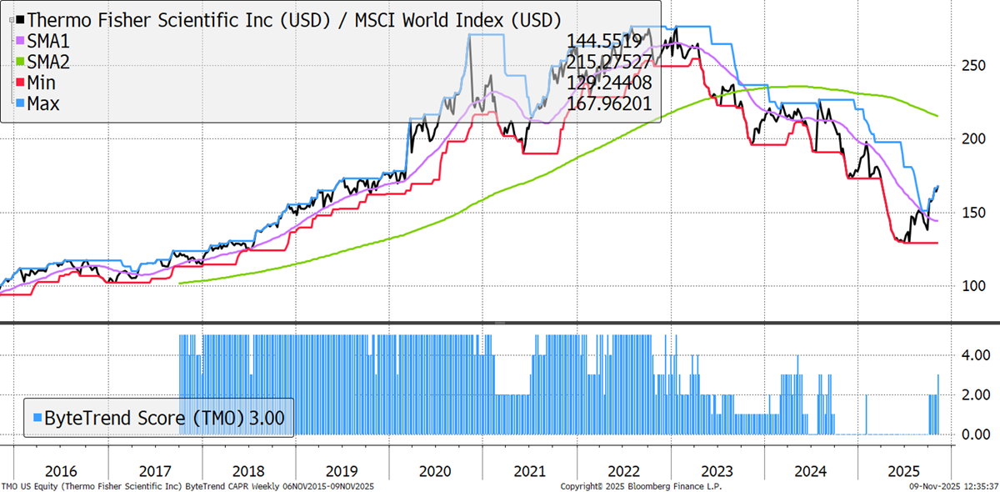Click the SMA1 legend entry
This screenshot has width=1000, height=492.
(x=50, y=40)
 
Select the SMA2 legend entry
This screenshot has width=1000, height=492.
(x=50, y=62)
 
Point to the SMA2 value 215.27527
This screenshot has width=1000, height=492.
(x=608, y=62)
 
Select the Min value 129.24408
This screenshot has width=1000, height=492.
(x=608, y=83)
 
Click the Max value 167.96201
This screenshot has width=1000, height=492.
(x=608, y=104)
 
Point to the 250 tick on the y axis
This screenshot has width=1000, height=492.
(x=971, y=66)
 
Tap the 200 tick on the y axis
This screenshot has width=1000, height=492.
(x=971, y=138)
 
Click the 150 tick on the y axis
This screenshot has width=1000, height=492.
(x=971, y=213)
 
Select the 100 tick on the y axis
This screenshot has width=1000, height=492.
(x=971, y=286)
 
